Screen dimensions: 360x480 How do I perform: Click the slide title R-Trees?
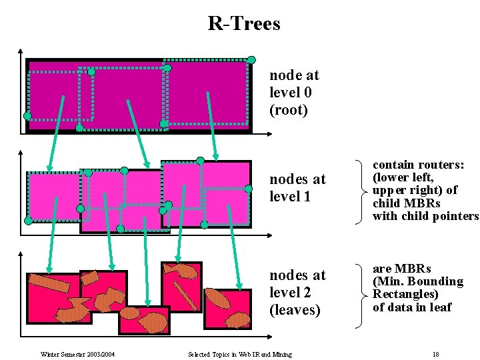[x=244, y=24]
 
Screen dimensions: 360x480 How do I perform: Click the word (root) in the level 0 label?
[x=289, y=110]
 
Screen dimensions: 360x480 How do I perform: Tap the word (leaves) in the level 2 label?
[x=295, y=310]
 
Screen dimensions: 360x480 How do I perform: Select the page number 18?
[x=435, y=354]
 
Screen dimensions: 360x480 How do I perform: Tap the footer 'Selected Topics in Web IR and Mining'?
[x=240, y=354]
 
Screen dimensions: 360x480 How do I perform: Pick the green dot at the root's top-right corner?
[x=252, y=59]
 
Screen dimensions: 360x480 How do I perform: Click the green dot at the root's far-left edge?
[x=27, y=116]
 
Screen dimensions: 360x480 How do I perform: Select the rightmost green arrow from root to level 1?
[x=212, y=125]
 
